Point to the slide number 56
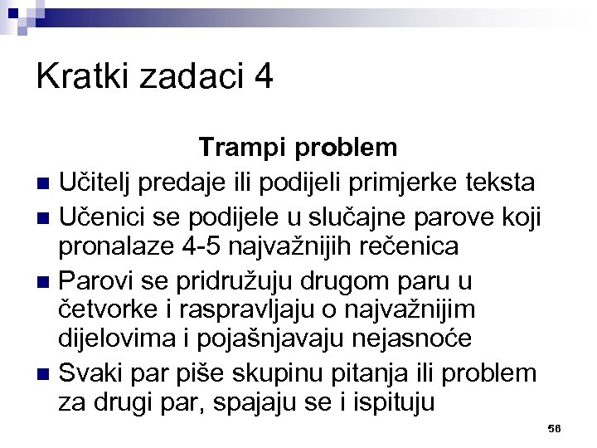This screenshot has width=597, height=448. (x=555, y=428)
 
